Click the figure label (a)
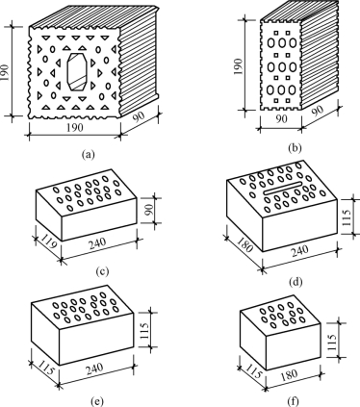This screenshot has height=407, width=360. [x=89, y=155]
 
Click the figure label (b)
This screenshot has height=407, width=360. [x=295, y=148]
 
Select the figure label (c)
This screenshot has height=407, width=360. [x=102, y=271]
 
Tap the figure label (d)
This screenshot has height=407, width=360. [x=296, y=282]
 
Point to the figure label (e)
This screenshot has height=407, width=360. [x=97, y=401]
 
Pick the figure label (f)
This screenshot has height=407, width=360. [x=293, y=401]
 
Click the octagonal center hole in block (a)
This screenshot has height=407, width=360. [x=77, y=72]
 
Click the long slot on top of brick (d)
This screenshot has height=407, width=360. [x=283, y=188]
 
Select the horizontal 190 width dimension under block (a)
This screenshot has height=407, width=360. [x=75, y=128]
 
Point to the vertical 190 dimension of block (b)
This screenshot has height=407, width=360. [x=239, y=66]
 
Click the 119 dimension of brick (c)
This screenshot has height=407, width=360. [x=48, y=242]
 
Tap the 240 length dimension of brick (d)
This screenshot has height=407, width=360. [x=299, y=251]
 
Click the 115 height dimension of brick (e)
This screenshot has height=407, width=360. [x=145, y=330]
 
